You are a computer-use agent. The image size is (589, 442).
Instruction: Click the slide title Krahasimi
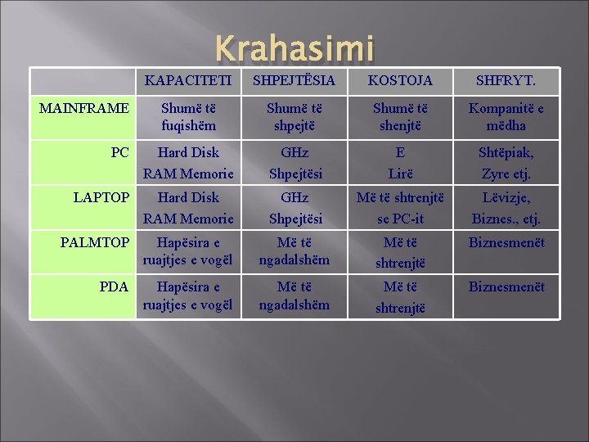(294, 49)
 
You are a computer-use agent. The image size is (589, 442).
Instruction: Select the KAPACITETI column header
(188, 81)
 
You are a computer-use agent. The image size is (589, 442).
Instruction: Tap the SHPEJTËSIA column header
(294, 81)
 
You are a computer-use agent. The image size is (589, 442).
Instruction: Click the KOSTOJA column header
(400, 81)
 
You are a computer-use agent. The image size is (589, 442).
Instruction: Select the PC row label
(120, 152)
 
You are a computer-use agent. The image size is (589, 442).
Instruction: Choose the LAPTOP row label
(101, 197)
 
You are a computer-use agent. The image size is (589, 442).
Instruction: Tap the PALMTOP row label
(95, 242)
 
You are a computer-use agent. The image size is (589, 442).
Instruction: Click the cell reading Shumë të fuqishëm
(188, 116)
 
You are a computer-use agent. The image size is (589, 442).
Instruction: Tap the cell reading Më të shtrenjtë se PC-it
(400, 208)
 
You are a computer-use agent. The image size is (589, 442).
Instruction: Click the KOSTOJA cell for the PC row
(400, 163)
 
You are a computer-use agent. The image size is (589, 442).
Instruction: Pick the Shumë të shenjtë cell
(400, 116)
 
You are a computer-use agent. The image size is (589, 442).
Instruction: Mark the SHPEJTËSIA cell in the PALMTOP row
(294, 251)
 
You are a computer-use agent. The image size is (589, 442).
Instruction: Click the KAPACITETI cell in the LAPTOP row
(188, 208)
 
